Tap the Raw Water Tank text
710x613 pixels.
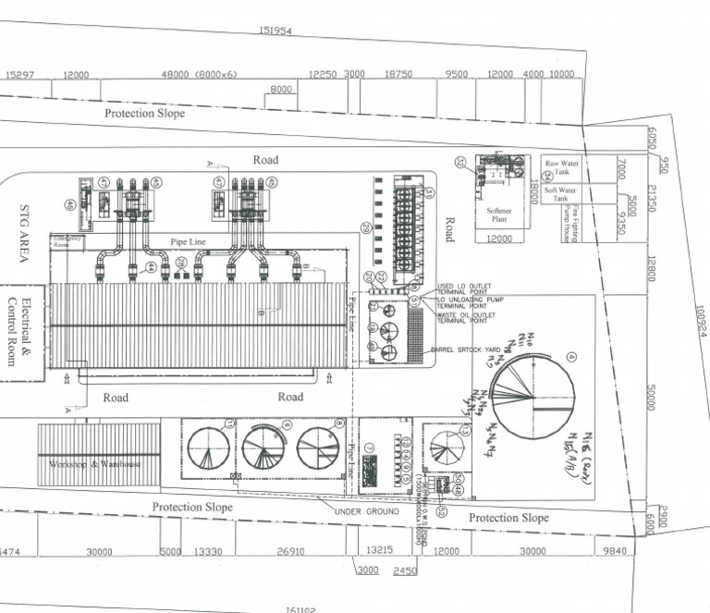[561, 167]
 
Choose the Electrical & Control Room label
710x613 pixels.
[19, 330]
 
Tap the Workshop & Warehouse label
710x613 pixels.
[95, 463]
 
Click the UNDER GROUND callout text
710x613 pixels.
[369, 511]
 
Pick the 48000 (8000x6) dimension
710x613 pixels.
[200, 74]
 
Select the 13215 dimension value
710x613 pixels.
[380, 550]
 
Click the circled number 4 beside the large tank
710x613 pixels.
[571, 358]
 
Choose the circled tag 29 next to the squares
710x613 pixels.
[366, 228]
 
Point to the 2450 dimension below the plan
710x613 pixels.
[405, 571]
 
